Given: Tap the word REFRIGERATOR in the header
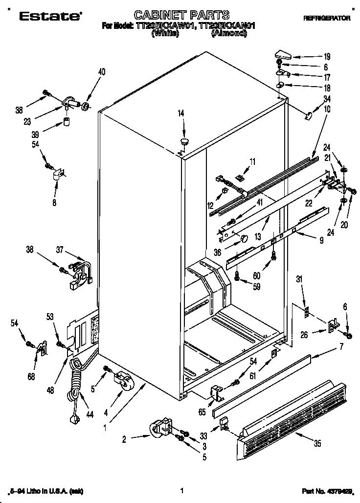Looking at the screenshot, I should (326, 18).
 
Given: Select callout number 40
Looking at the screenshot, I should (102, 72).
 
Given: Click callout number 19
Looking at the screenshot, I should (327, 57).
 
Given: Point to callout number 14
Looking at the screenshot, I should (181, 114).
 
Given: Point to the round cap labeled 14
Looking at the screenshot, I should (185, 141).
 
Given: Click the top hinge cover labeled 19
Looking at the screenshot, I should (283, 54).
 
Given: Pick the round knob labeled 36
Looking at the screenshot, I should (243, 238).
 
